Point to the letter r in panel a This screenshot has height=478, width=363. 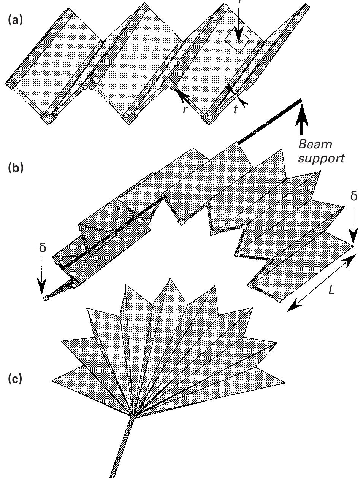(x=185, y=110)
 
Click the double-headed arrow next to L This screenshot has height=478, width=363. (x=322, y=283)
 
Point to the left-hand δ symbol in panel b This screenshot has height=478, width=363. (x=42, y=248)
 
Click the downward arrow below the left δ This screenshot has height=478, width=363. (x=42, y=279)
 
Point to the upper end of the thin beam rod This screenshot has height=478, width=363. (x=300, y=100)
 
